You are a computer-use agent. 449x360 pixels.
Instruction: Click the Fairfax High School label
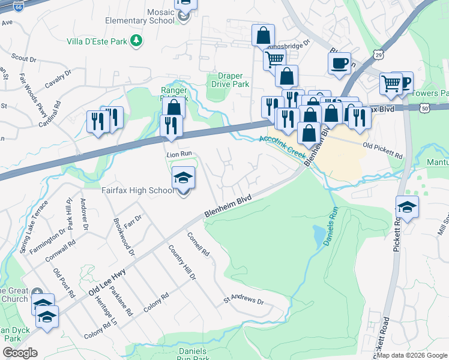click(136, 191)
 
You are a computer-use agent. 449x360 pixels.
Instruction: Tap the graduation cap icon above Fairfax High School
click(183, 178)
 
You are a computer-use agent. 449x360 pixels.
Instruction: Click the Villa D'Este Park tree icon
click(137, 40)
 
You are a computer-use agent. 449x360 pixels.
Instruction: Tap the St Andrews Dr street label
click(244, 299)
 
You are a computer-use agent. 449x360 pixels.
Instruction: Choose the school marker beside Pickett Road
click(407, 206)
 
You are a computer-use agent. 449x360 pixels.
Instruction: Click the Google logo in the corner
click(20, 353)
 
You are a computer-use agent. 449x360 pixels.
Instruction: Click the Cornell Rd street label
click(197, 244)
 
